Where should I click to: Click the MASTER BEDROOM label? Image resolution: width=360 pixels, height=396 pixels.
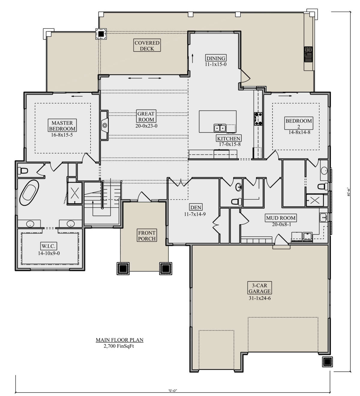point(62,126)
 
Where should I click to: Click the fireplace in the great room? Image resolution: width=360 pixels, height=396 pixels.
point(104,125)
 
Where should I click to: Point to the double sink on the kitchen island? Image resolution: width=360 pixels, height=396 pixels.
point(220,128)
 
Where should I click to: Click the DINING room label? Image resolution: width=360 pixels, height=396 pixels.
point(216,58)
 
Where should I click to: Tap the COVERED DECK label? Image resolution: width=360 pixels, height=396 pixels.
point(147,46)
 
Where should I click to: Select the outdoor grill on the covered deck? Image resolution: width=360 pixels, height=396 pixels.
point(309,54)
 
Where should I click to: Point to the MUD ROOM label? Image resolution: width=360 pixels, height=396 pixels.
point(281,218)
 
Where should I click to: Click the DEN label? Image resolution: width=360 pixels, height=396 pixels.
point(196,207)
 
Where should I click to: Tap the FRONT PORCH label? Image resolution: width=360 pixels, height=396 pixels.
point(147,236)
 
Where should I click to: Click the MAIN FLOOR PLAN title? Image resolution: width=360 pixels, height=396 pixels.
point(119,340)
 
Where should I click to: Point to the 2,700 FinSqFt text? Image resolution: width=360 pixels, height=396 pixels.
point(119,346)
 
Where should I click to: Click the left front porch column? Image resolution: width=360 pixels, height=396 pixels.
point(123,268)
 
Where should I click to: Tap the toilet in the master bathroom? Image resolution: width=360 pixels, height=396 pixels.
point(23,171)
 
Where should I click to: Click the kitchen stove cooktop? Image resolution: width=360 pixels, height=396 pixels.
point(258,118)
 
